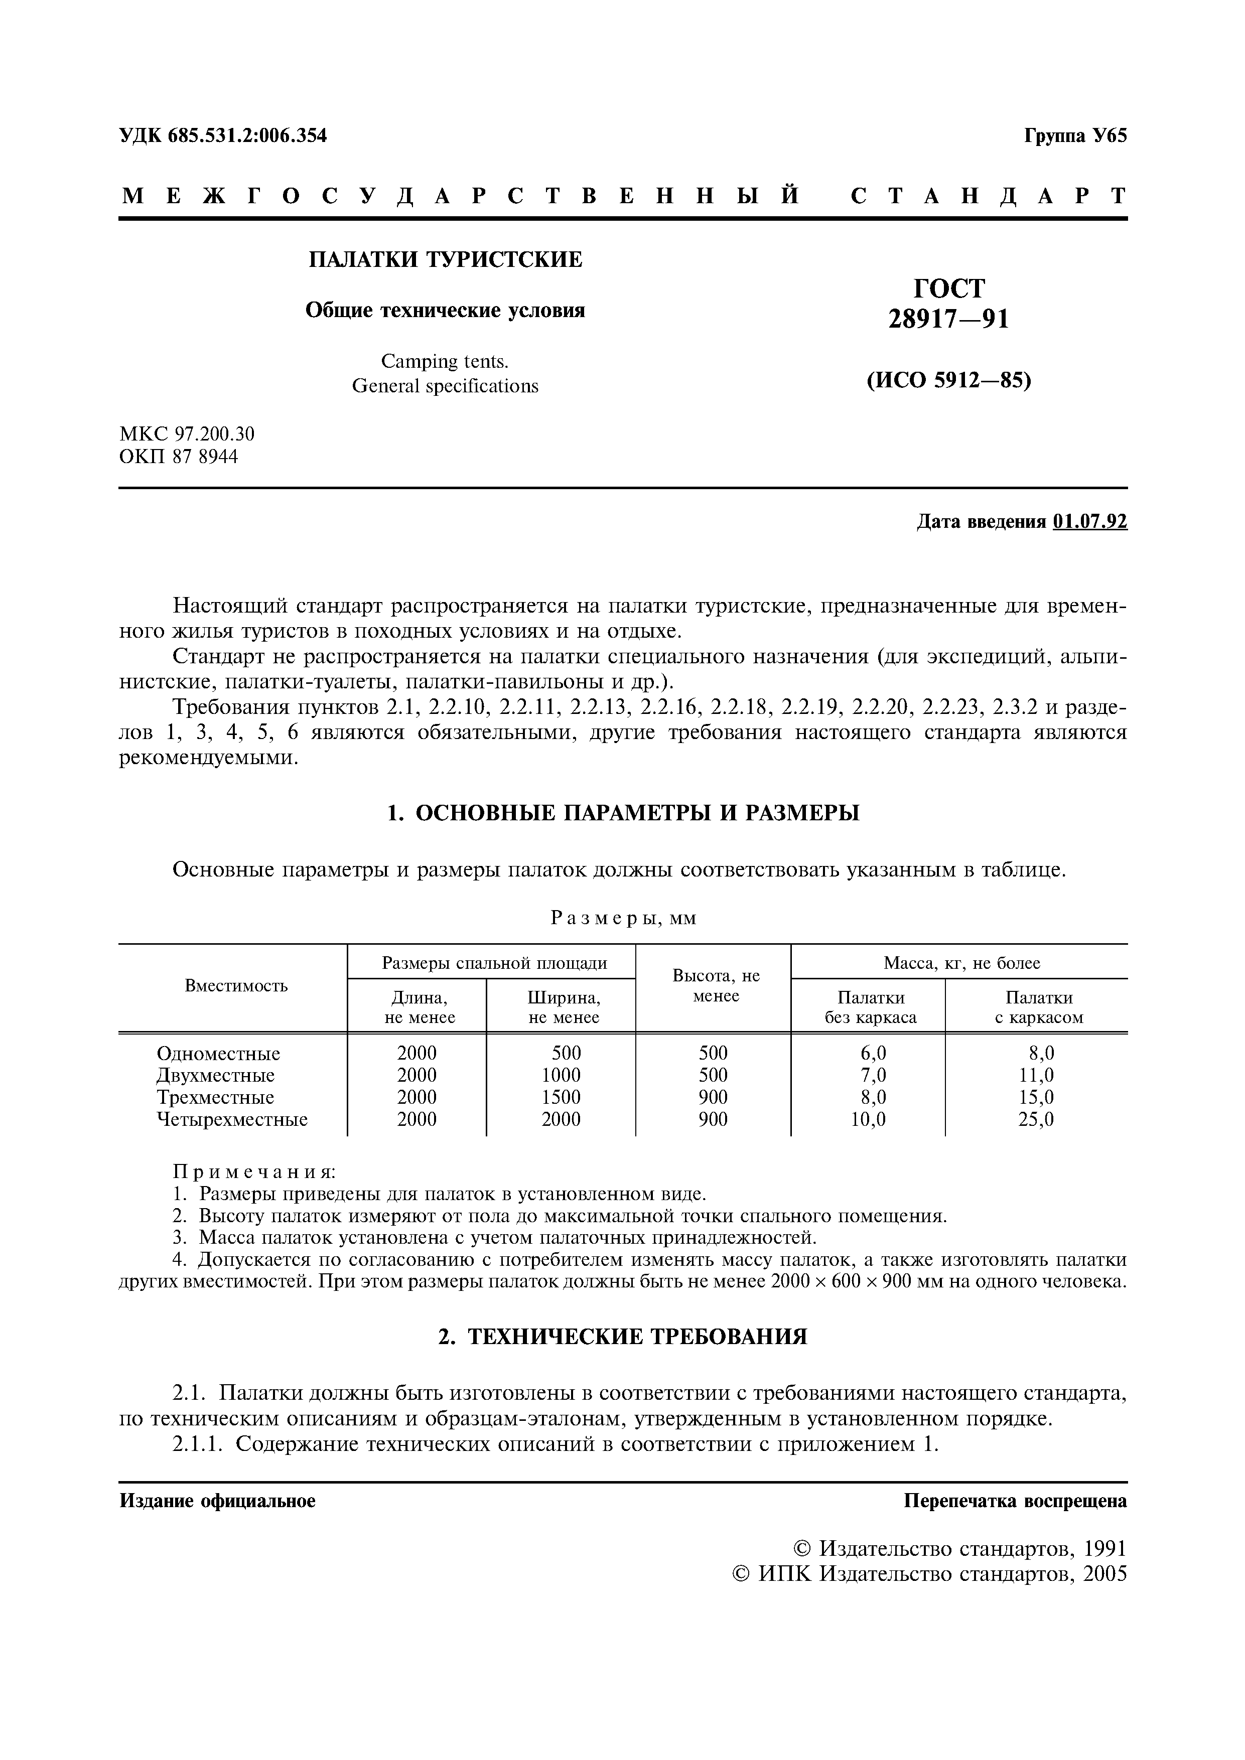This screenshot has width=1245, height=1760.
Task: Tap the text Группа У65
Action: (x=1075, y=135)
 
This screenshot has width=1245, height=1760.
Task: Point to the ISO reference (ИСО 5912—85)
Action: (x=948, y=380)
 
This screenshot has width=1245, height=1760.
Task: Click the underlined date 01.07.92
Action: (x=1090, y=522)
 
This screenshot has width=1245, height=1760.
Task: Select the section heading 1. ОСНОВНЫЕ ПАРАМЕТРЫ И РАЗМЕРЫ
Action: (x=622, y=813)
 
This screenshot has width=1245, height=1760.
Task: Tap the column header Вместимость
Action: (x=236, y=986)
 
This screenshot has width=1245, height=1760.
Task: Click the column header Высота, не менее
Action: (x=715, y=986)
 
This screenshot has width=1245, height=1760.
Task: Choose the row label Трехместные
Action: (x=215, y=1097)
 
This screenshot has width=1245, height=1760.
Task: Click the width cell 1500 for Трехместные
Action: (x=561, y=1097)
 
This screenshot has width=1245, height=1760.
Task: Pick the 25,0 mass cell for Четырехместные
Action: (x=1036, y=1119)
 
